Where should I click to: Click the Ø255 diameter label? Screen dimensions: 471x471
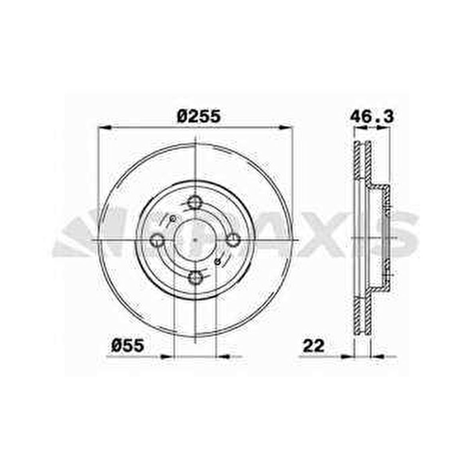[x=199, y=117]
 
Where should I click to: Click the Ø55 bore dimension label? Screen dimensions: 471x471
[x=127, y=345]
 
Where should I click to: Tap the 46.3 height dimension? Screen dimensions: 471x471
[x=372, y=117]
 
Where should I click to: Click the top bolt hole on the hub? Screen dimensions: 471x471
[x=195, y=203]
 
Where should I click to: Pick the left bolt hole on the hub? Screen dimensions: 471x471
[x=158, y=240]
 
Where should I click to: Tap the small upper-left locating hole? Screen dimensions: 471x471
[x=173, y=218]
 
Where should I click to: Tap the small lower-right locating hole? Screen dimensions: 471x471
[x=217, y=262]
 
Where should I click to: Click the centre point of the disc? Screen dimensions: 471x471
[x=195, y=240]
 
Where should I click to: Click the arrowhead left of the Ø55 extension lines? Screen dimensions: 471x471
[x=168, y=356]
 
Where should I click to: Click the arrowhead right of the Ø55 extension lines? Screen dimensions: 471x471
[x=222, y=356]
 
